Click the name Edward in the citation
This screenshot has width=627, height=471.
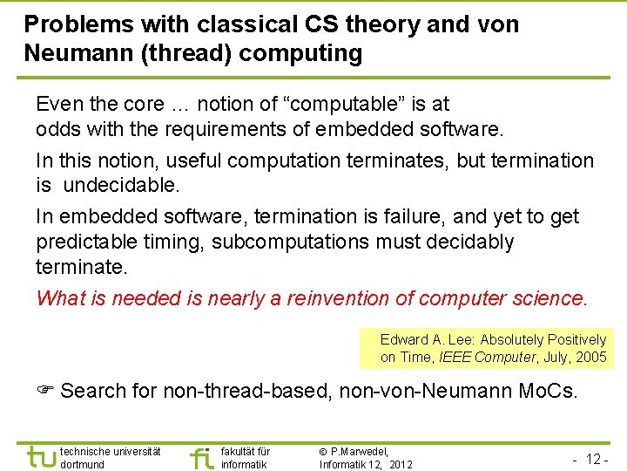404,339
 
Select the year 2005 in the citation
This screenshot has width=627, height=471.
590,357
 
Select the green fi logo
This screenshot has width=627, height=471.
201,456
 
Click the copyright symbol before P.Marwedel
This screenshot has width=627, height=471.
323,452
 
